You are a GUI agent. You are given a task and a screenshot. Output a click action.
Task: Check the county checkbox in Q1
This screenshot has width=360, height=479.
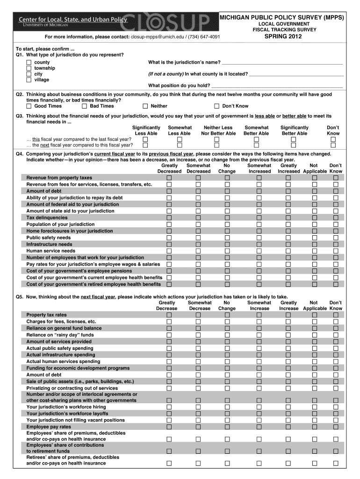(x=29, y=62)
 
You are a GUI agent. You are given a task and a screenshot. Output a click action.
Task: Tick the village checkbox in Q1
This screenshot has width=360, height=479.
(x=29, y=80)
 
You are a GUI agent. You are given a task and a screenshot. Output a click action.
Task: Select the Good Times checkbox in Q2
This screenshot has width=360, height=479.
(x=29, y=106)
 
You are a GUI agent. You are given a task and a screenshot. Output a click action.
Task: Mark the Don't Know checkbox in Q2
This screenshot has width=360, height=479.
(x=216, y=106)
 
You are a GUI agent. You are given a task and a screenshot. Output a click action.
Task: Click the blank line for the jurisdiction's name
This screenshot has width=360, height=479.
(x=282, y=63)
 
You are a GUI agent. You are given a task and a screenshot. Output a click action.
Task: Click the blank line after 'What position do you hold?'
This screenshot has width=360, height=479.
(x=277, y=86)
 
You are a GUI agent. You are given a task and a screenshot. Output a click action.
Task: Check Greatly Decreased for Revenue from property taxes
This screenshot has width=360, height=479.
(x=169, y=178)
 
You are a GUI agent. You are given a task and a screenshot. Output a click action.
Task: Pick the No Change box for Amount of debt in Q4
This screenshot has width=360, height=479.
(x=227, y=191)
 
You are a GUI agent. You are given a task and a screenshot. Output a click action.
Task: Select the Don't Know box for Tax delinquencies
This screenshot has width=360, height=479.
(x=335, y=218)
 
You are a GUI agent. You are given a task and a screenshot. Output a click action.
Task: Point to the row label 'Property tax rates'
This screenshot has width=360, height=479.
(x=46, y=315)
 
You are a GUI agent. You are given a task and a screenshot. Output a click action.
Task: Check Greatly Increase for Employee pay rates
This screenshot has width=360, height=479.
(x=288, y=427)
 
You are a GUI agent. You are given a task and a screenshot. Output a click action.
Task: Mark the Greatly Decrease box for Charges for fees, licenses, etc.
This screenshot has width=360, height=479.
(x=169, y=322)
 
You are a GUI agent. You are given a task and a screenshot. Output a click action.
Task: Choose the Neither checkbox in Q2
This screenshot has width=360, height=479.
(x=146, y=106)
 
